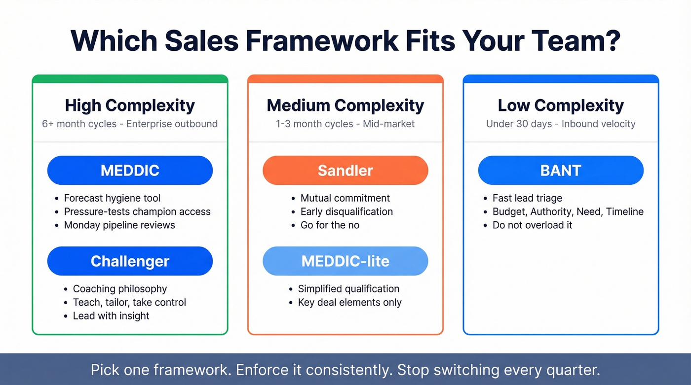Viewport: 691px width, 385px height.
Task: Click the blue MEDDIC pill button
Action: (x=130, y=171)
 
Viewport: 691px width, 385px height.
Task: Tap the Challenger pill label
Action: (x=130, y=261)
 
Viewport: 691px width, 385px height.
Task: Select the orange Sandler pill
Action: (x=345, y=171)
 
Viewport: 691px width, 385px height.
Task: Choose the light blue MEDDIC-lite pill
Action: (x=345, y=261)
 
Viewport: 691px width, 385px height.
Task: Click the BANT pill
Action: (x=561, y=171)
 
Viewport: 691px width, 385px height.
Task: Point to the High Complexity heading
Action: (x=130, y=105)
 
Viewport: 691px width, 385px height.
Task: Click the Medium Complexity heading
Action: (x=345, y=105)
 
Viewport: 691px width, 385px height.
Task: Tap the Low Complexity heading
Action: (x=561, y=105)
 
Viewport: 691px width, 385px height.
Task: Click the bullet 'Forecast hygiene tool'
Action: (x=112, y=198)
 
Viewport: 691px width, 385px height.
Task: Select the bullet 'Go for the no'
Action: (x=330, y=225)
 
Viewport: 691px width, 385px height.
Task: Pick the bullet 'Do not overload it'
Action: (x=532, y=225)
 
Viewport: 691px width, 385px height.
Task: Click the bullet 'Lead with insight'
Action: (x=111, y=316)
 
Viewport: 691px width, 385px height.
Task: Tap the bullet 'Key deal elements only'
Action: (x=349, y=303)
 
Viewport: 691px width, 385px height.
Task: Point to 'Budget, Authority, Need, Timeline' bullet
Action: (x=568, y=212)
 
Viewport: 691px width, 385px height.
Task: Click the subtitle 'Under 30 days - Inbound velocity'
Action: (x=561, y=124)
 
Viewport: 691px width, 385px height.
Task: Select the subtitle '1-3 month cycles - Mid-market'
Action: (x=345, y=124)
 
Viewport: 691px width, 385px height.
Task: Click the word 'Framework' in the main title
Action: (x=322, y=41)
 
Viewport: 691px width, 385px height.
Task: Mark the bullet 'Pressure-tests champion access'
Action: (x=137, y=212)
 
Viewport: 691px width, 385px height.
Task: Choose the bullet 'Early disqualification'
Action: (x=346, y=212)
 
